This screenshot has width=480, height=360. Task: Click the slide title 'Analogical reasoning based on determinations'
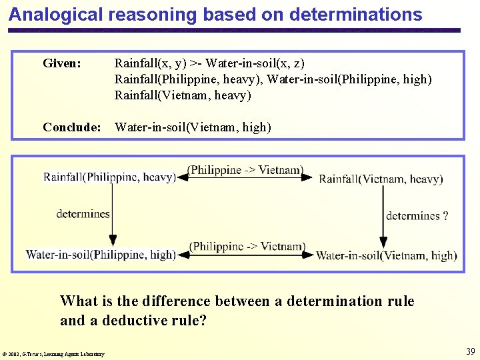coord(215,15)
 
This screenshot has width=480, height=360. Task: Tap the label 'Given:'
coord(62,63)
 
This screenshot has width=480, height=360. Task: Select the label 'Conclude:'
coord(71,127)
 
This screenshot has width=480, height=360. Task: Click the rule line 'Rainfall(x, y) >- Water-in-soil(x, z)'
coord(209,63)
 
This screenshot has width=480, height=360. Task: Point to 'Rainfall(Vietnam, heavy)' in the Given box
coord(183,95)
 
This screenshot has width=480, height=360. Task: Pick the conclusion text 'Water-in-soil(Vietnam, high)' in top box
coord(193,127)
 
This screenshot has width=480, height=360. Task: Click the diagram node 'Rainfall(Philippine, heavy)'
coord(109,177)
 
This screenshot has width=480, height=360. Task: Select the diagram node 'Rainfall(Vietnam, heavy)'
coord(381,179)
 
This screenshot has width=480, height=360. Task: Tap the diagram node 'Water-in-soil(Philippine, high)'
coord(101,254)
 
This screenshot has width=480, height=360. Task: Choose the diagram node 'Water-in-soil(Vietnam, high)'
coord(386,255)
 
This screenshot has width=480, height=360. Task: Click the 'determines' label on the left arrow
coord(83,214)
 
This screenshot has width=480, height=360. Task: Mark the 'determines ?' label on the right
coord(417,215)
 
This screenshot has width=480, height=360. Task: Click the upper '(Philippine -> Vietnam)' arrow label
coord(246,170)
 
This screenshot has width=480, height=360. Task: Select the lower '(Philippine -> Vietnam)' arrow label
coord(247,246)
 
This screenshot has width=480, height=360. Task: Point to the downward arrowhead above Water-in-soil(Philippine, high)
coord(113,241)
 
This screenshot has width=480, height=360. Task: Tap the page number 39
coord(470,351)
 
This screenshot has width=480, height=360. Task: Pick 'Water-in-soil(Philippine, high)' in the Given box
coord(349,79)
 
